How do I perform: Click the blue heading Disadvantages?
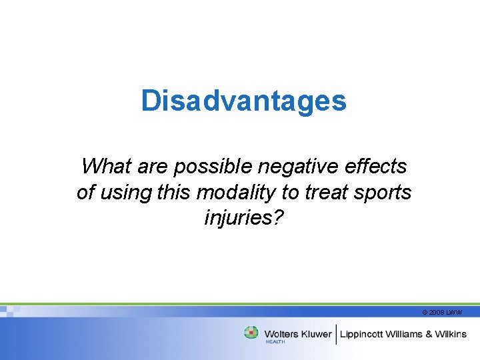tap(243, 101)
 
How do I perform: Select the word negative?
tap(305, 165)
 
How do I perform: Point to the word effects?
tap(378, 165)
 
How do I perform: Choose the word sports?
tap(383, 193)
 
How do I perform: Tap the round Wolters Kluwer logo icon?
tap(251, 333)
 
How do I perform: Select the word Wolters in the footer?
tap(281, 333)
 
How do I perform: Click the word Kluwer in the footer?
tap(315, 333)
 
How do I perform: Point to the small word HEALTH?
tap(275, 341)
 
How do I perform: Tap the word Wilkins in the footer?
tap(452, 333)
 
